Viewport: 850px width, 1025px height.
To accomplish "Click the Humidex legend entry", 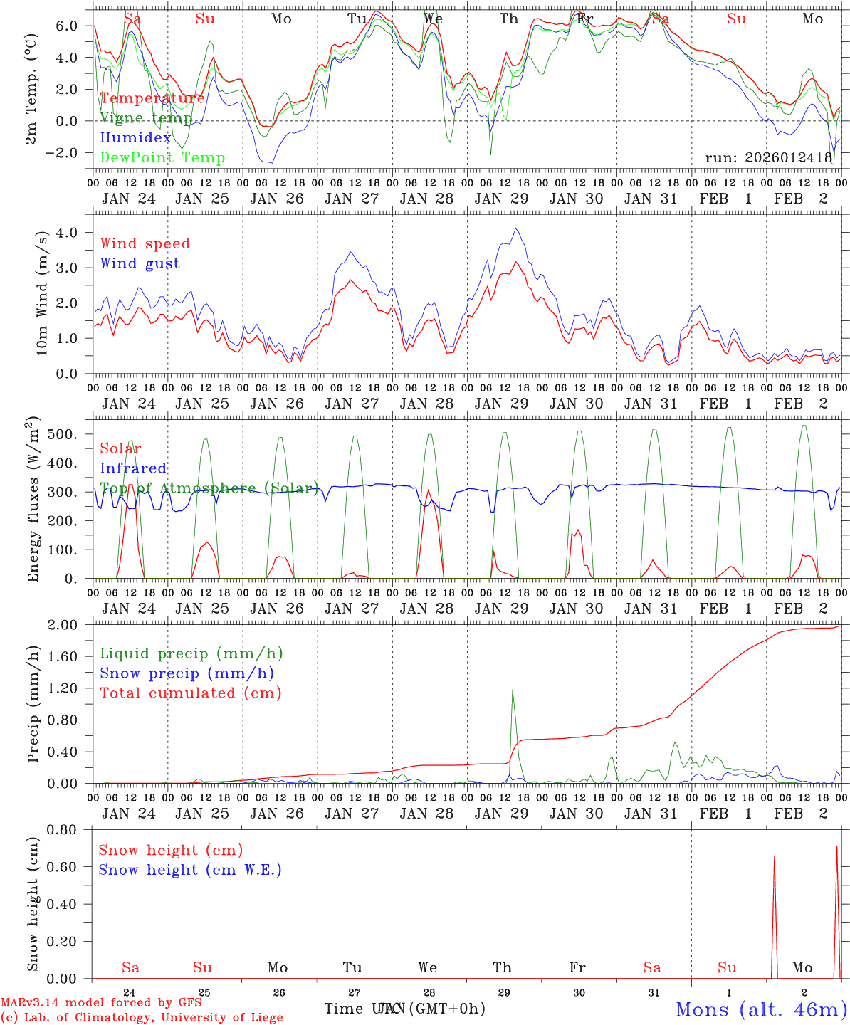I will coord(135,138).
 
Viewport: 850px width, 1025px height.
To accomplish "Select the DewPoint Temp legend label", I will coord(162,157).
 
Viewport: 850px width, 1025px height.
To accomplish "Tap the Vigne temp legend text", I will coord(146,118).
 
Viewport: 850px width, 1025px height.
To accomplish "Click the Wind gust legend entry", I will coord(140,263).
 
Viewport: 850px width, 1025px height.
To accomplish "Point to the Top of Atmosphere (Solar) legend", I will coord(209,488).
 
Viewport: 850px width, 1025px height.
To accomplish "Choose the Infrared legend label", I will coord(133,468).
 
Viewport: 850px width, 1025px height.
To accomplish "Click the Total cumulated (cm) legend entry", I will coord(190,693).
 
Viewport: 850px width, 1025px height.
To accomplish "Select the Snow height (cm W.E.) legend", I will coord(189,870).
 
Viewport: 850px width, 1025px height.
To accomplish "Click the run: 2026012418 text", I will coord(768,157).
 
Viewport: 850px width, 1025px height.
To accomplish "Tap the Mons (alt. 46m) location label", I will coord(761,1009).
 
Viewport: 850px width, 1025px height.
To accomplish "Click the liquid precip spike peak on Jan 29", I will coord(512,690).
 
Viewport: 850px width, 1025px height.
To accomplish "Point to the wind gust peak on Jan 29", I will coord(516,228).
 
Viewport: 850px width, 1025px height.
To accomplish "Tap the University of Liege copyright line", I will coord(142,1018).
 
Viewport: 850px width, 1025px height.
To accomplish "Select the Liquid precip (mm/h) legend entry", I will coord(191,653).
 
